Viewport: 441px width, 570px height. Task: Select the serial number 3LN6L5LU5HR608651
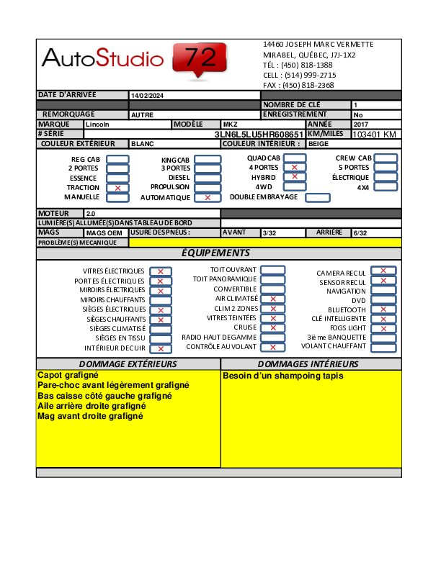259,135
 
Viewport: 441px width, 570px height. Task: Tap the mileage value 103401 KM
375,135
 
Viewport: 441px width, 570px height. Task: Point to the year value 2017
361,125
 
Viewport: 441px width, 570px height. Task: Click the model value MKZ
231,125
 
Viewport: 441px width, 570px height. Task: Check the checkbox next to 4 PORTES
295,168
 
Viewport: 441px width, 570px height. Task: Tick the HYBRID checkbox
295,177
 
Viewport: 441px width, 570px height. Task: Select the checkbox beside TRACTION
117,188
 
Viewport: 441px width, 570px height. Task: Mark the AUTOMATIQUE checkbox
208,197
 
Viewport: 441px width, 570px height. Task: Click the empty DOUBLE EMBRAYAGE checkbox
318,197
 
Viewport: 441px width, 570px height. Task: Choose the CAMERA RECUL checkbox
383,271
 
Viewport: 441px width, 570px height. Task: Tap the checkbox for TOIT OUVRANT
273,270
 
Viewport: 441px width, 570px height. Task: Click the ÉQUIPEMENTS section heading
215,253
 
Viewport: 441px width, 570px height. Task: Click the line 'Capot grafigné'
68,375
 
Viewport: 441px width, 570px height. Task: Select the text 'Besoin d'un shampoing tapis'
283,376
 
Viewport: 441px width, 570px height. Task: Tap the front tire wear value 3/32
269,233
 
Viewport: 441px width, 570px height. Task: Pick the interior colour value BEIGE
318,144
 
